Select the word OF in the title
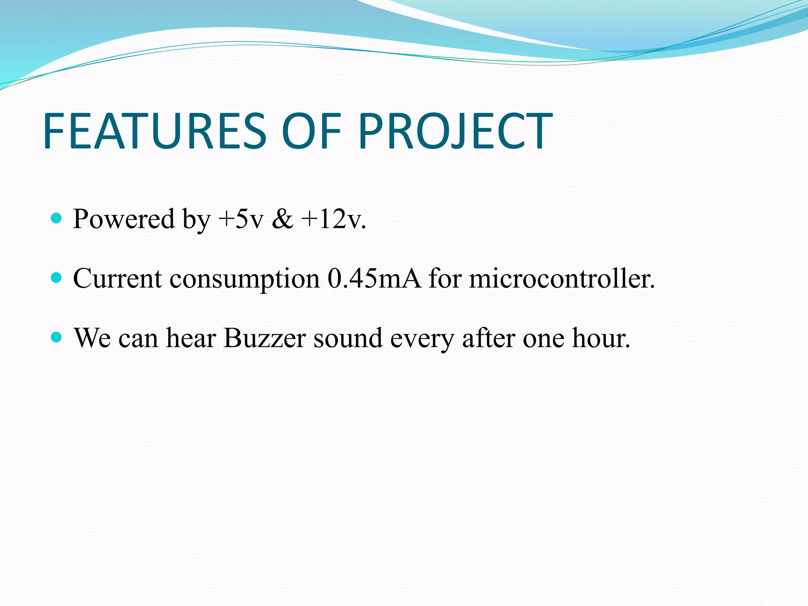(x=311, y=131)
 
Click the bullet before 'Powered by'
(x=57, y=218)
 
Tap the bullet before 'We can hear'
(x=57, y=338)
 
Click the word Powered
(x=123, y=219)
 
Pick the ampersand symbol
(x=282, y=219)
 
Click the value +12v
(x=333, y=219)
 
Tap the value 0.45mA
(x=374, y=279)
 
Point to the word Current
(x=118, y=279)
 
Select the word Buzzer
(x=264, y=338)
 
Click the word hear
(x=191, y=338)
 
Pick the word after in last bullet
(x=488, y=338)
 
